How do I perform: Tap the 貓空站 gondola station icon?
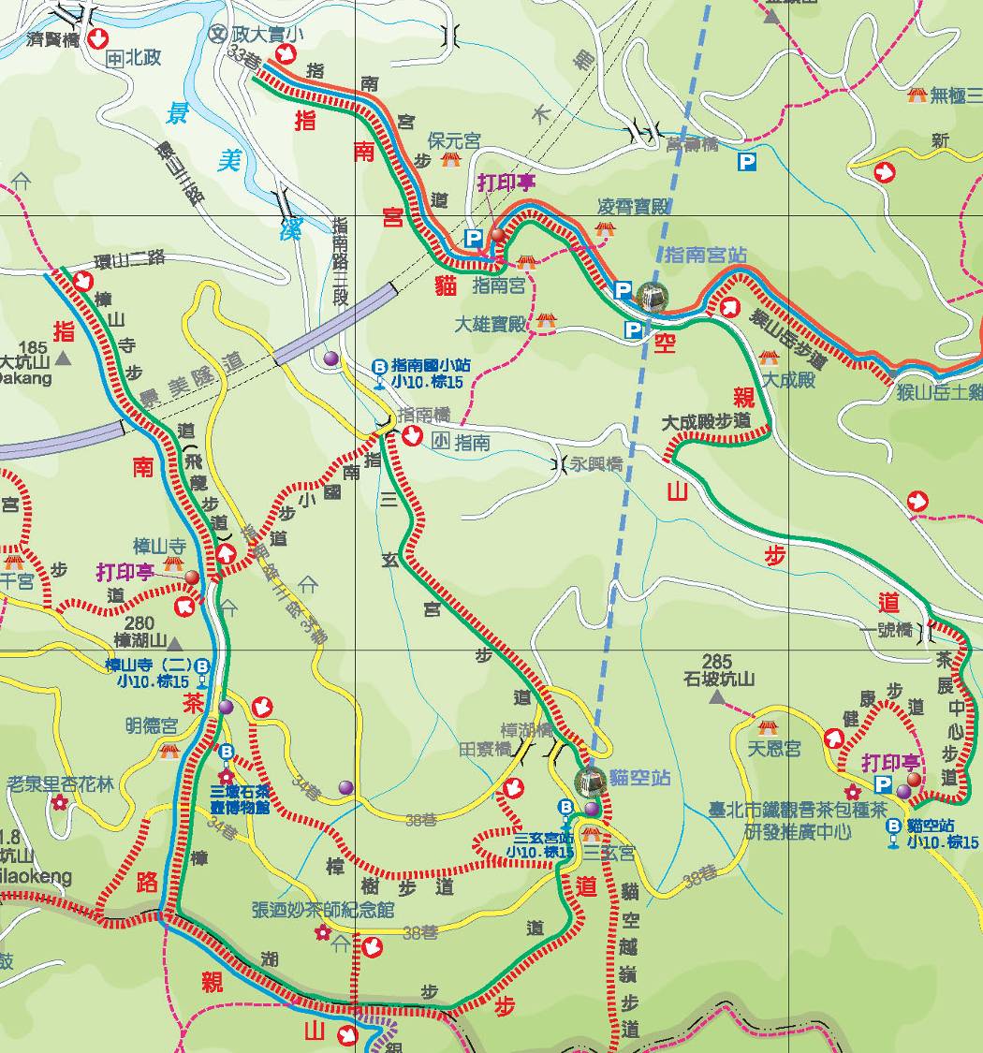pyautogui.click(x=589, y=780)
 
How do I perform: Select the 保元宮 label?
pyautogui.click(x=454, y=140)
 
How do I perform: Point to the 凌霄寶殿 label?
pyautogui.click(x=634, y=207)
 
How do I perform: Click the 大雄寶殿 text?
pyautogui.click(x=491, y=325)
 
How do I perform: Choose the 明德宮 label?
pyautogui.click(x=152, y=725)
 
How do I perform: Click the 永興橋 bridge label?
pyautogui.click(x=596, y=463)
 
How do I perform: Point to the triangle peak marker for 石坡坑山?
pyautogui.click(x=717, y=698)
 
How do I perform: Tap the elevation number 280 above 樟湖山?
pyautogui.click(x=139, y=623)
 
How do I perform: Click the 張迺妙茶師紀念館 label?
pyautogui.click(x=323, y=910)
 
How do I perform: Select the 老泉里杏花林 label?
pyautogui.click(x=60, y=783)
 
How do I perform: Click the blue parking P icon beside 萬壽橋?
pyautogui.click(x=746, y=162)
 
